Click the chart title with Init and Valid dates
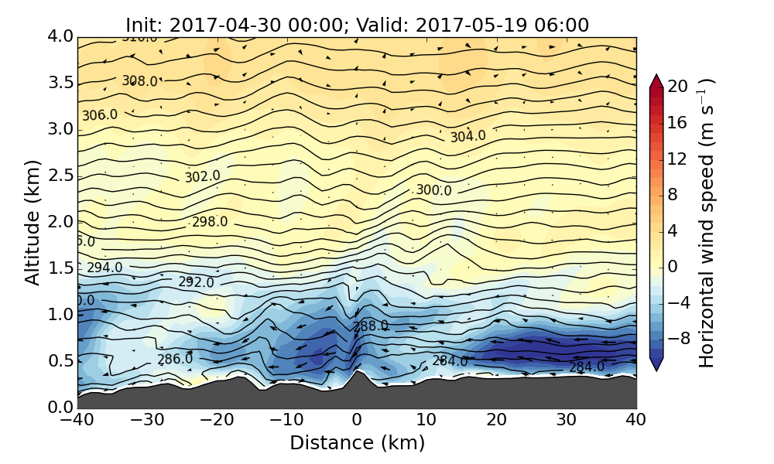[x=357, y=25]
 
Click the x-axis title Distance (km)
[x=357, y=443]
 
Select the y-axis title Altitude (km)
[x=32, y=222]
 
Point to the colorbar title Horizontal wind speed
[x=706, y=223]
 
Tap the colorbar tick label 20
[x=679, y=87]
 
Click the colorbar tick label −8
[x=679, y=338]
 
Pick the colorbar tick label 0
[x=673, y=266]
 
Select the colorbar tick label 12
[x=679, y=159]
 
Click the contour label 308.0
[x=139, y=81]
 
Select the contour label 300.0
[x=433, y=190]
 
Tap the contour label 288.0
[x=371, y=326]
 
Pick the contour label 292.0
[x=196, y=282]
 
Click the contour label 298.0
[x=210, y=223]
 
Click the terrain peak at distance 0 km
[x=357, y=372]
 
